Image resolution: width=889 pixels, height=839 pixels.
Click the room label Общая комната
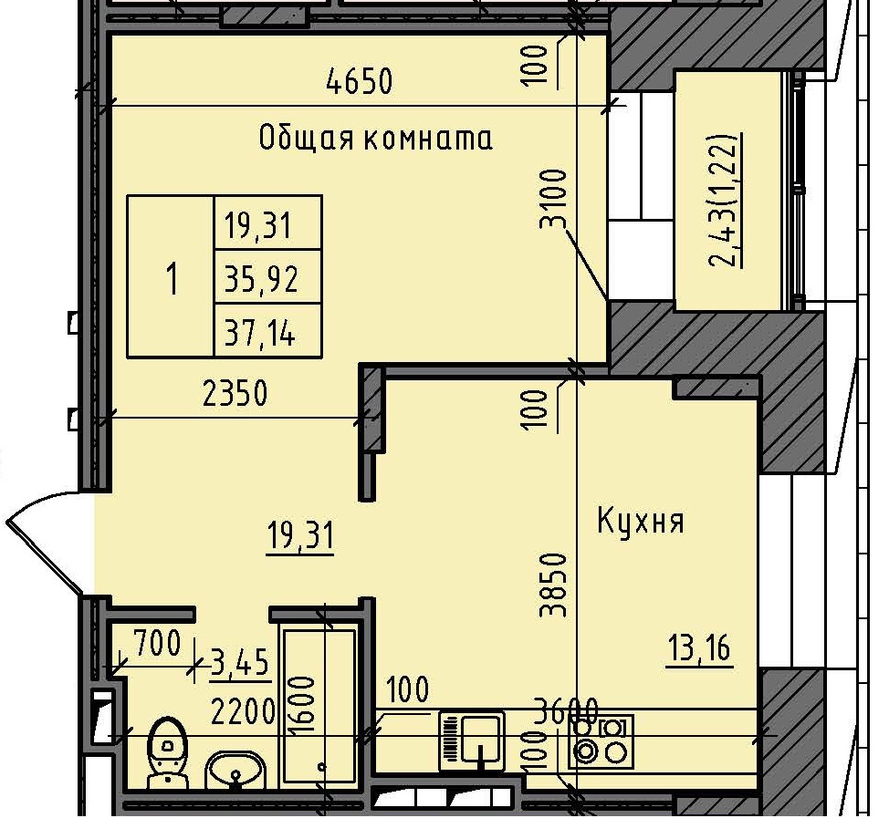pyautogui.click(x=375, y=139)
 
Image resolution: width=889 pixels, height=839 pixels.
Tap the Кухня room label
pyautogui.click(x=641, y=522)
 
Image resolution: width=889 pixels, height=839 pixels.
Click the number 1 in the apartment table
pyautogui.click(x=171, y=277)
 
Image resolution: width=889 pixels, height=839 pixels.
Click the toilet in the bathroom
pyautogui.click(x=167, y=752)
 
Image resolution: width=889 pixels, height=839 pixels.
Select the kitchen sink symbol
pyautogui.click(x=472, y=736)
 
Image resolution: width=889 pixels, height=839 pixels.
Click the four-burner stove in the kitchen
pyautogui.click(x=601, y=741)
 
